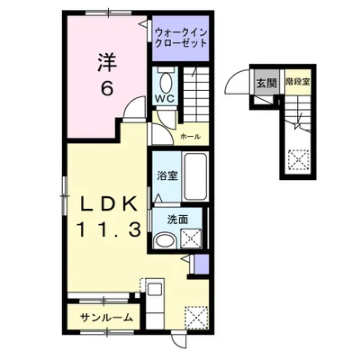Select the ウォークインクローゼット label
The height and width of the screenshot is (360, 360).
183,40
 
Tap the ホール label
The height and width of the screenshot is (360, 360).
190,136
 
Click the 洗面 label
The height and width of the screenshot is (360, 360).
176,219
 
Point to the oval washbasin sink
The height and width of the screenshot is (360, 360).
164,240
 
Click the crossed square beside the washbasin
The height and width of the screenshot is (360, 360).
190,238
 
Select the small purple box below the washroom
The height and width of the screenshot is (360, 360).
201,264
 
